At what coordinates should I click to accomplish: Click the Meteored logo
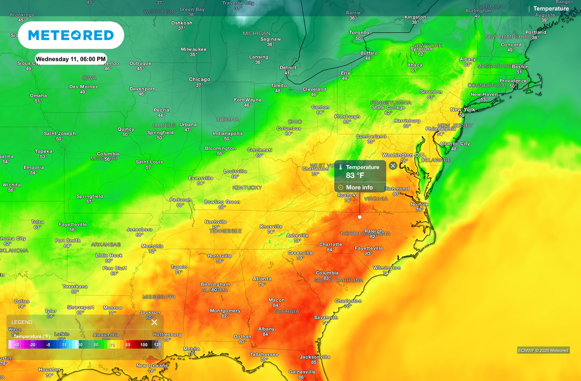[x=71, y=35]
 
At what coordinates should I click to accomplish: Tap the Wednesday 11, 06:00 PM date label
[x=71, y=59]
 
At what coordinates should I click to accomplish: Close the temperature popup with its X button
[x=393, y=166]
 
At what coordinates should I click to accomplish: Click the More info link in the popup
[x=359, y=188]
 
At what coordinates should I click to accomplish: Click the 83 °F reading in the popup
[x=355, y=176]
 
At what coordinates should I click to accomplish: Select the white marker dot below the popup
[x=360, y=217]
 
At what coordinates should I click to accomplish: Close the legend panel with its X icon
[x=154, y=322]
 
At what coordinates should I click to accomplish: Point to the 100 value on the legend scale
[x=144, y=345]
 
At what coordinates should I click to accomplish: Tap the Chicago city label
[x=199, y=79]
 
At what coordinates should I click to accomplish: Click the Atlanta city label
[x=262, y=278]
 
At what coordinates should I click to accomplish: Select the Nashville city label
[x=216, y=222]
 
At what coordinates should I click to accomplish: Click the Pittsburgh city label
[x=347, y=116]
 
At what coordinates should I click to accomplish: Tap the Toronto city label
[x=359, y=33]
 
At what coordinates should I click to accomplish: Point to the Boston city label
[x=520, y=66]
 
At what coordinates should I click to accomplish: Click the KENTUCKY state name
[x=247, y=187]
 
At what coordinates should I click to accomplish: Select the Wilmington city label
[x=386, y=268]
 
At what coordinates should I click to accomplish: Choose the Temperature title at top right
[x=551, y=9]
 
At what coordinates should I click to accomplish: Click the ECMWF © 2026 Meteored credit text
[x=543, y=350]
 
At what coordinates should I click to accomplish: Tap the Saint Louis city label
[x=149, y=162]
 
